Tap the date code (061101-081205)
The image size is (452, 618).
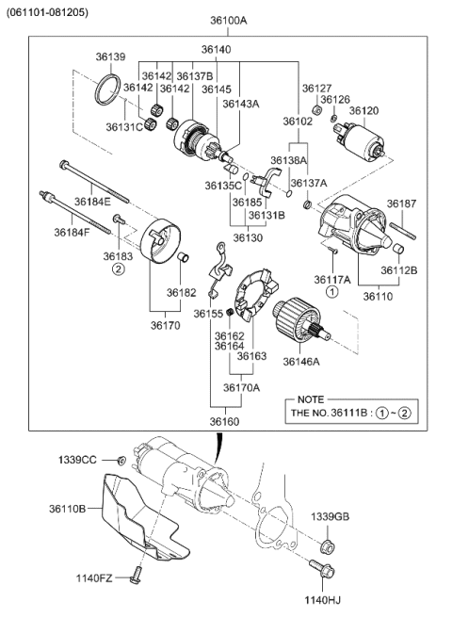(48, 12)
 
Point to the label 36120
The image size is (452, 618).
(364, 110)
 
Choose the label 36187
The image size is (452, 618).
(401, 203)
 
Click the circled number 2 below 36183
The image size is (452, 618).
(119, 268)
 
